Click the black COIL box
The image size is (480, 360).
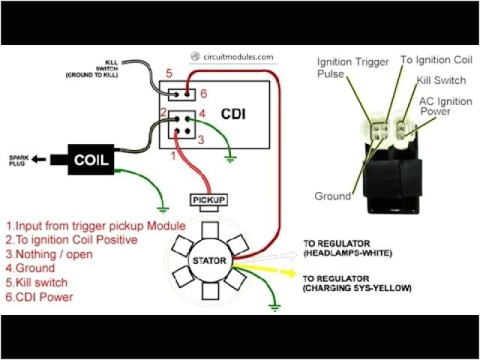click(x=91, y=160)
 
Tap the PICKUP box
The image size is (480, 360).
click(x=209, y=200)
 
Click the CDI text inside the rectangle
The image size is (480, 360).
click(x=232, y=114)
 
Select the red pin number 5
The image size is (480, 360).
click(x=169, y=73)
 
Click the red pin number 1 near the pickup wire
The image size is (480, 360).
click(x=173, y=156)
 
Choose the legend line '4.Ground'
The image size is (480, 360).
click(x=30, y=268)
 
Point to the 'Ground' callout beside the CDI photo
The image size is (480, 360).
click(x=333, y=196)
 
